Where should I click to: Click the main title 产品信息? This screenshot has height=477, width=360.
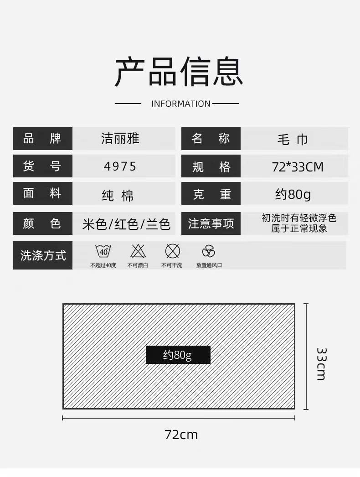pos(179,72)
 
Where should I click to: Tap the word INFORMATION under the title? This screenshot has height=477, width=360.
pos(181,104)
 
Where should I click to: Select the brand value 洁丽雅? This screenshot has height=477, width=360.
pos(120,139)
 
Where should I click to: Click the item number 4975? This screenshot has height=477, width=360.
pos(120,166)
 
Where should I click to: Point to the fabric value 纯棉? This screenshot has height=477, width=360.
pos(118,195)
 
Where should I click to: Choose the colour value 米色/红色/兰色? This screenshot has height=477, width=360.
pos(126,224)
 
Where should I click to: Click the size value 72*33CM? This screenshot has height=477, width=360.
pos(298,167)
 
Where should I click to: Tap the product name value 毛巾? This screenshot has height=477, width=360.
pos(293,140)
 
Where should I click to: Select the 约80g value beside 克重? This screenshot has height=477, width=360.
pos(293,195)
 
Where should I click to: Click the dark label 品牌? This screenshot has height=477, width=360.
pos(42,139)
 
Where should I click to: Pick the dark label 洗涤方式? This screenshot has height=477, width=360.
pos(43,255)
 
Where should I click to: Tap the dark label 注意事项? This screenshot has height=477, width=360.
pos(211,223)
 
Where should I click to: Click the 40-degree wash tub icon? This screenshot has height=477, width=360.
pos(103,251)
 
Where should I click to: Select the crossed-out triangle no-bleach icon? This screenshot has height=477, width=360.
pos(138,251)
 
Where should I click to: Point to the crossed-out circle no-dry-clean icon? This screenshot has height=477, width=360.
pos(172,251)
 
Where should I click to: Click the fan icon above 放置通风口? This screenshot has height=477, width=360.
pos(209,251)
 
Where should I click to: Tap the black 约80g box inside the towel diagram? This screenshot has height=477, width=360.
pos(178,355)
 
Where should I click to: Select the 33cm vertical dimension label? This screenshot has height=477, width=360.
pos(321,363)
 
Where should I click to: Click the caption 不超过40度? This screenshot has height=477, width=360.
pos(103,265)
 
